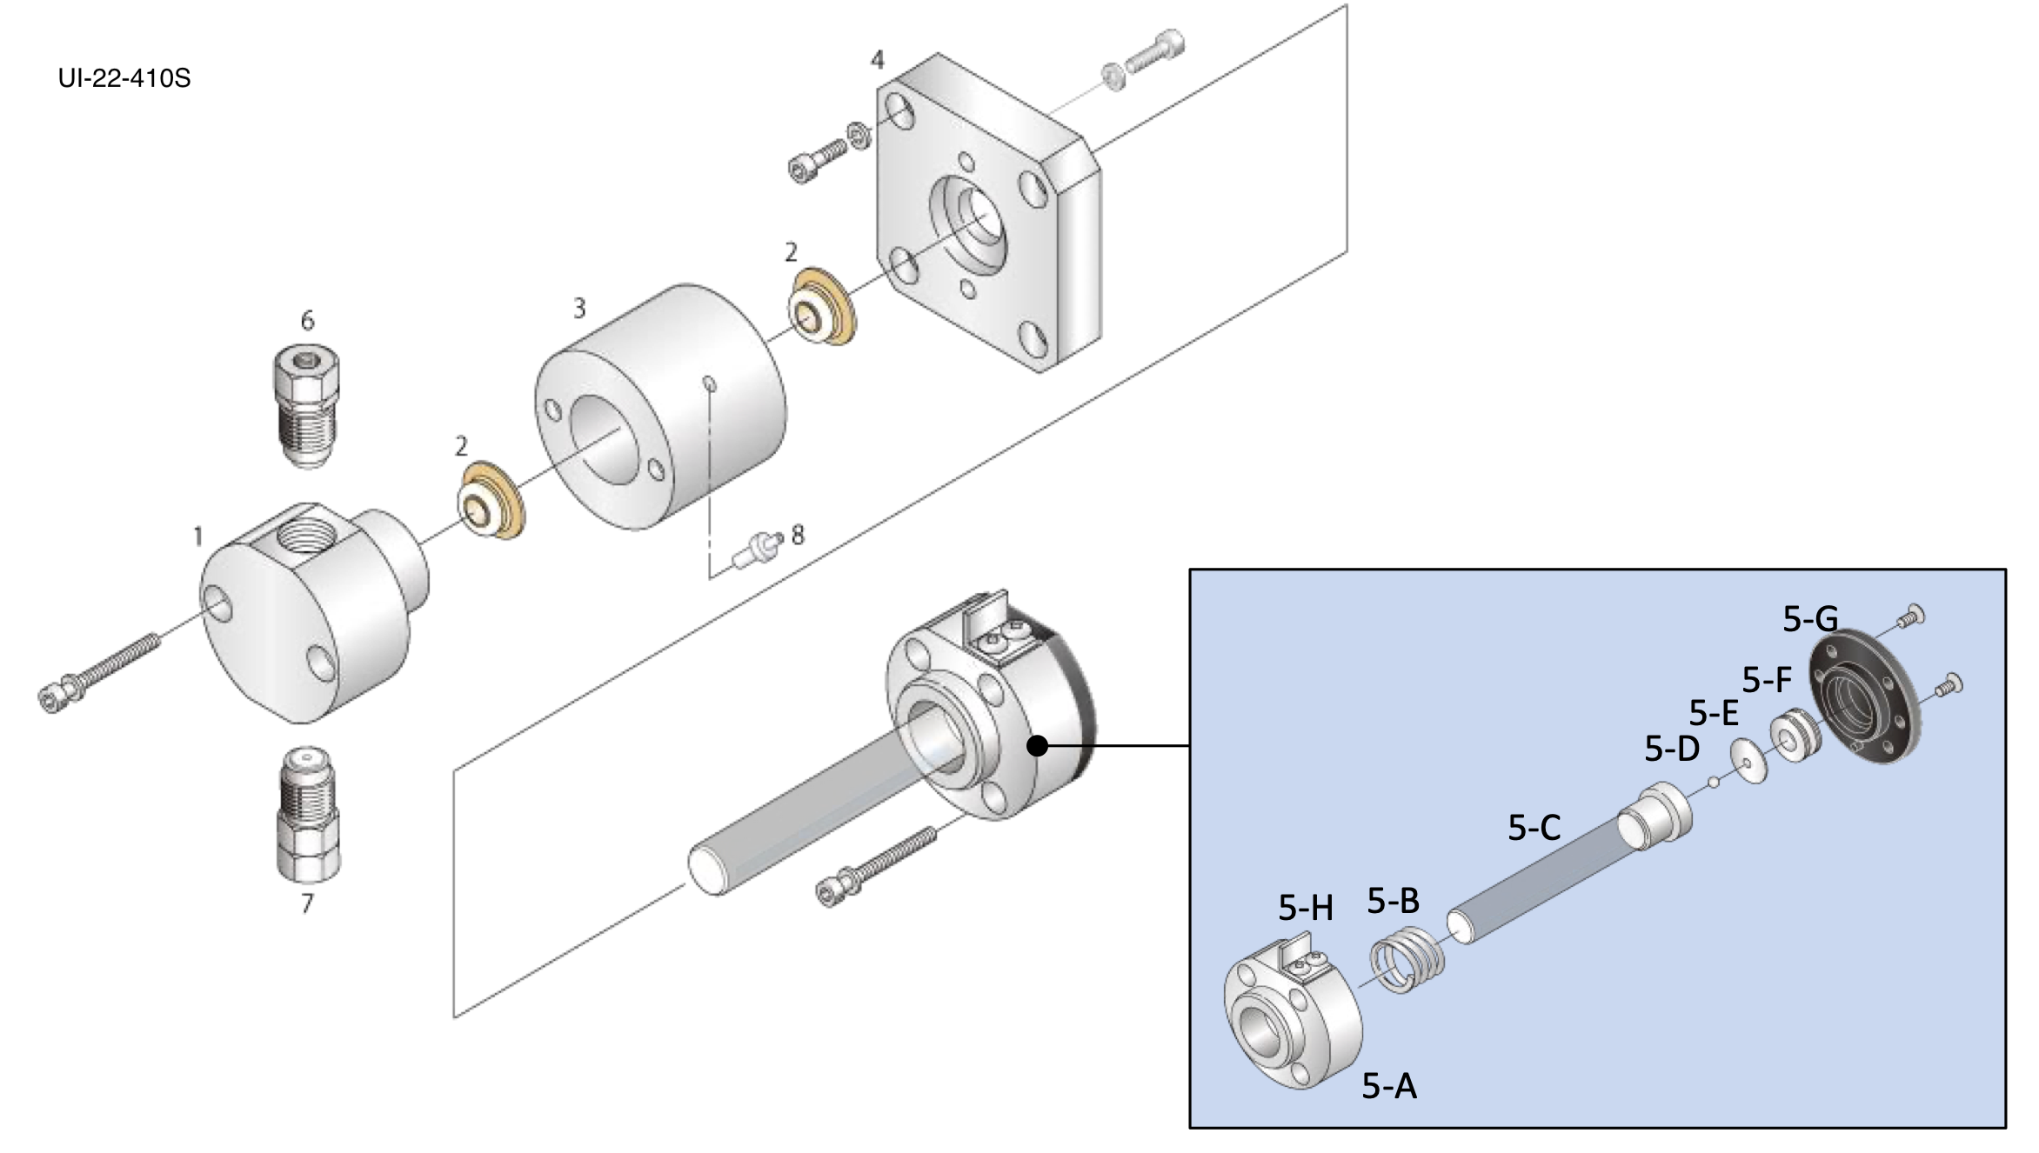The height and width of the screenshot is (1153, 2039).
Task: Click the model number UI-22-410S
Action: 124,79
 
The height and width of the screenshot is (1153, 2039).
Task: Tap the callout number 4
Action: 877,60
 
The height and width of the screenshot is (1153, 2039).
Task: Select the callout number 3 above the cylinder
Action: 579,309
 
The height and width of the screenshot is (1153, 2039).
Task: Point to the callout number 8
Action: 798,535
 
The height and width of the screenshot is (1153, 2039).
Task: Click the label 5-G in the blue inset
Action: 1809,619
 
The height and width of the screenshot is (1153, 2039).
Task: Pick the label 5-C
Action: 1534,828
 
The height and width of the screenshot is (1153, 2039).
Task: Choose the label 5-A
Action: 1389,1086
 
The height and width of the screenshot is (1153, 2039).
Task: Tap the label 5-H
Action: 1305,908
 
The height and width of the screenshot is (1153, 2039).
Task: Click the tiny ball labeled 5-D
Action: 1713,782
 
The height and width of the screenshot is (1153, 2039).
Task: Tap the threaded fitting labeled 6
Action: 306,406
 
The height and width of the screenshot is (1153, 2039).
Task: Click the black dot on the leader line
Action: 1037,746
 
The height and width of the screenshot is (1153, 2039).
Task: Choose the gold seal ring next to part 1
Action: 490,502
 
